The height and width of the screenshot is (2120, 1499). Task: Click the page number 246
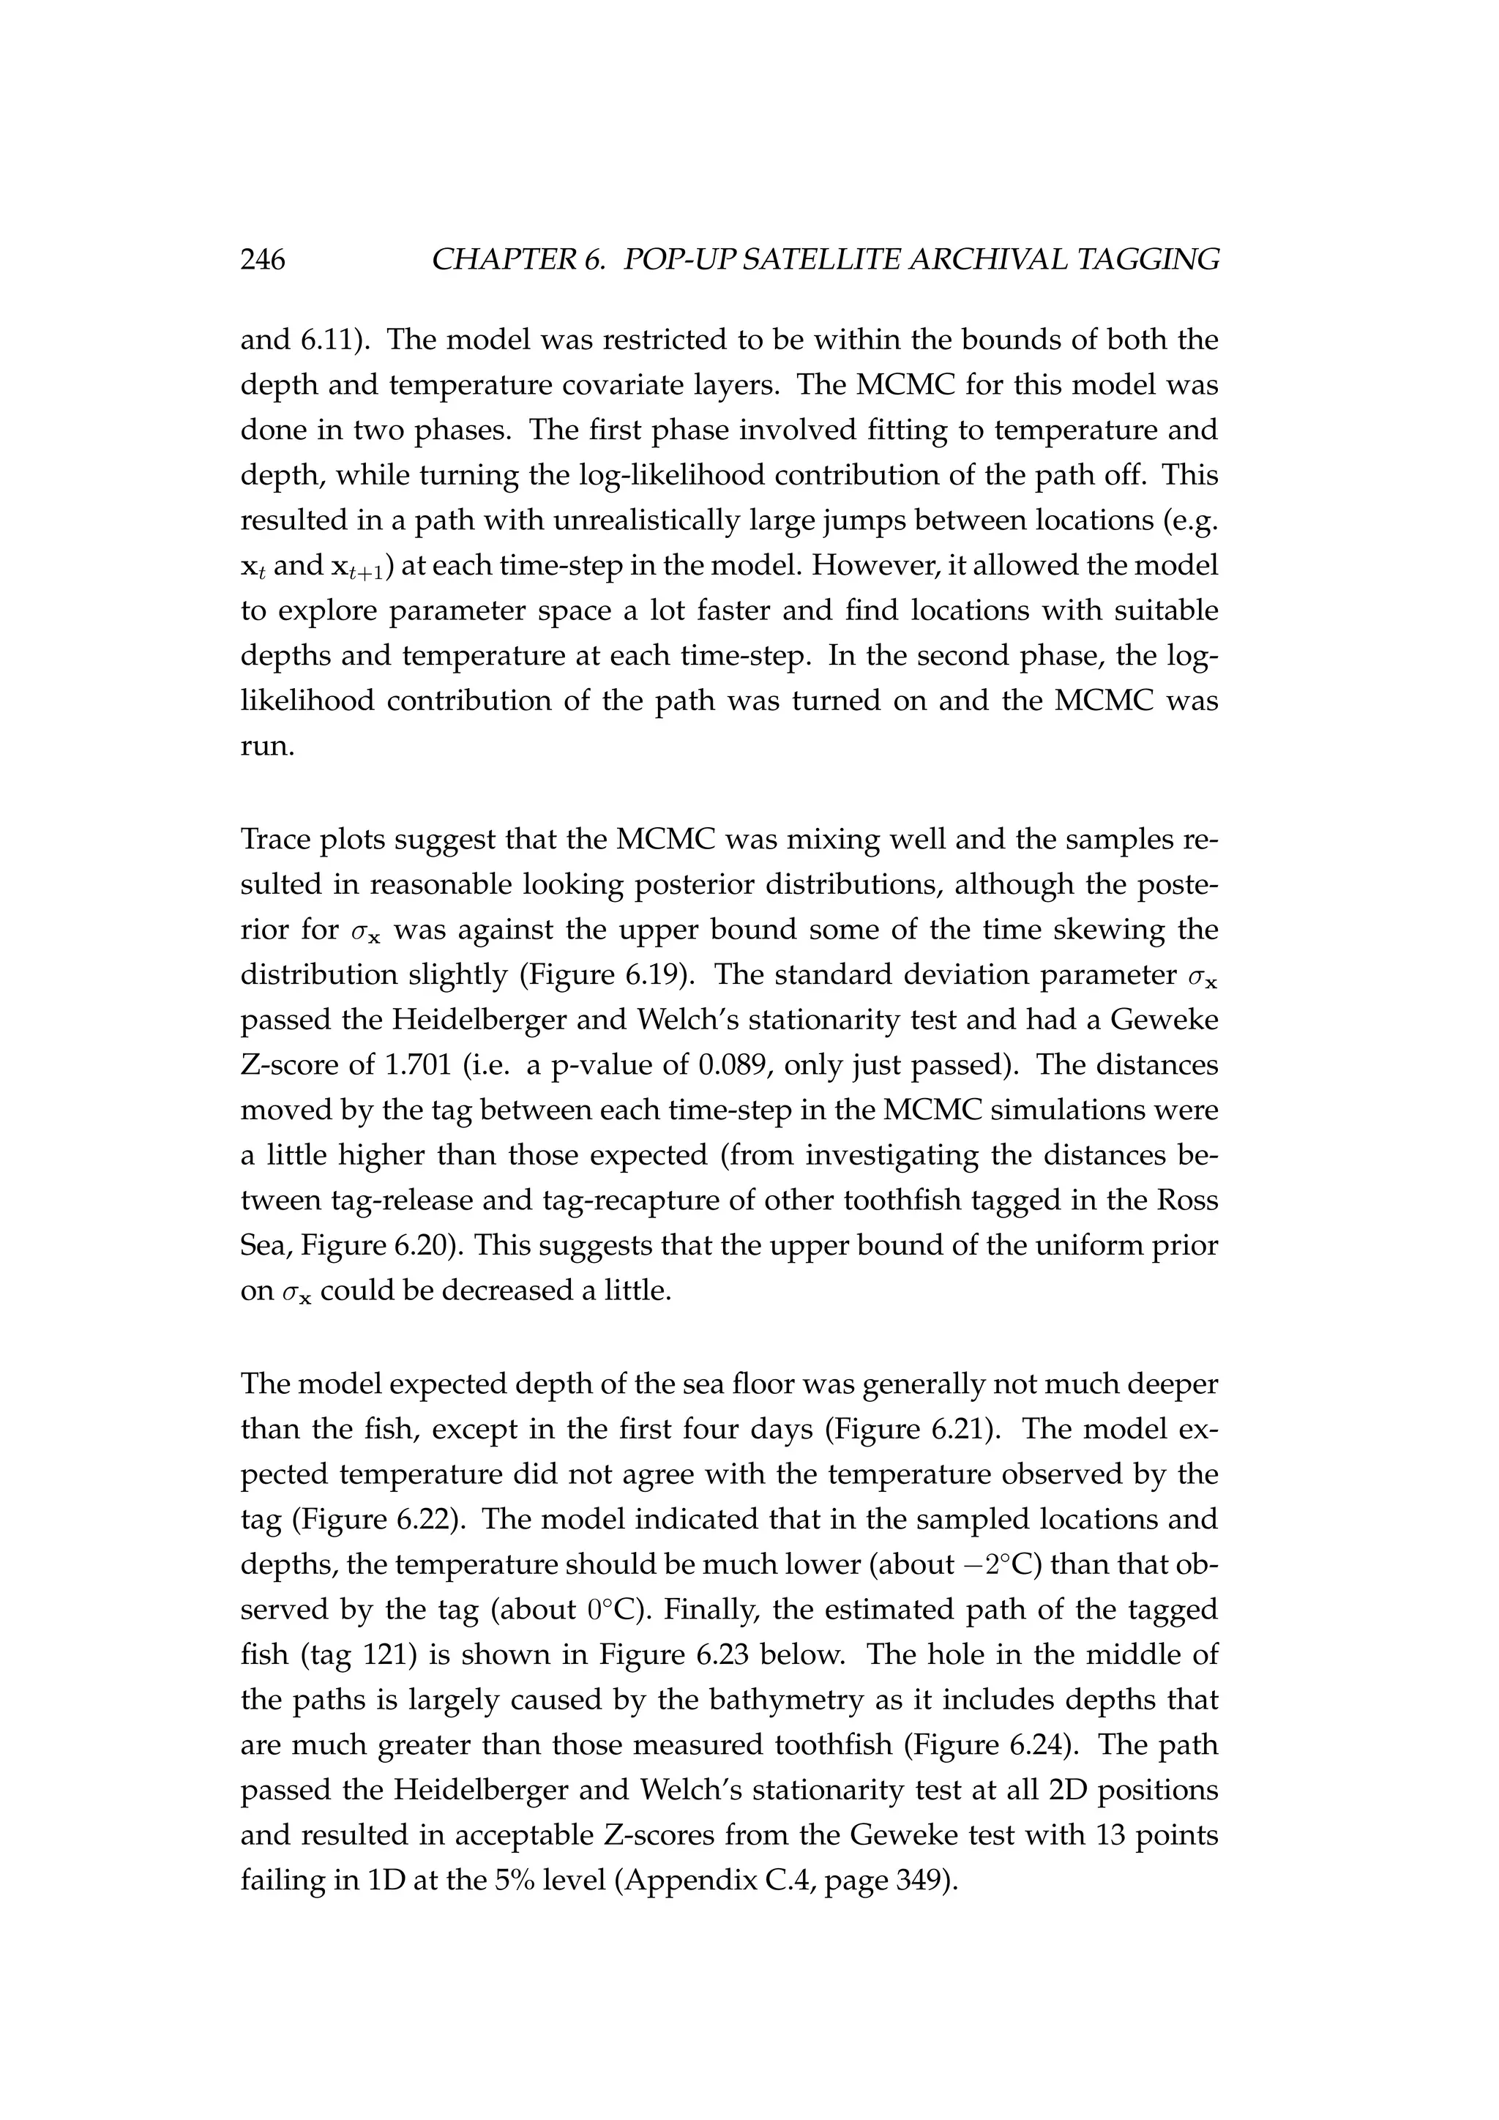263,261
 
